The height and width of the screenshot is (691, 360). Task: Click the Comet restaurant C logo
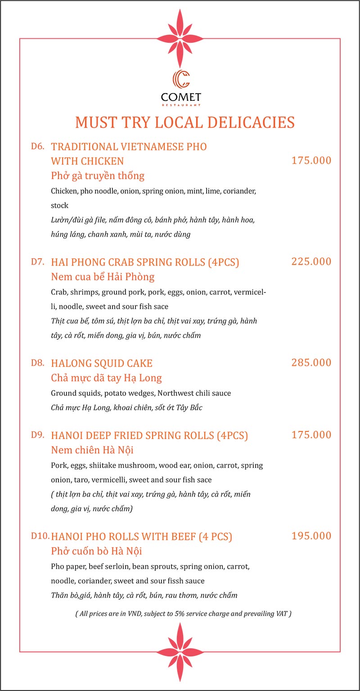181,80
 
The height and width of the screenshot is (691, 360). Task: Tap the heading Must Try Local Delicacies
184,122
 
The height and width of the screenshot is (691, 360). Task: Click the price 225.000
311,262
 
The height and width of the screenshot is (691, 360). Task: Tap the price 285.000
311,363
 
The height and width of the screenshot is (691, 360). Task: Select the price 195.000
311,536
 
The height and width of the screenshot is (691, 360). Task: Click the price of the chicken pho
311,161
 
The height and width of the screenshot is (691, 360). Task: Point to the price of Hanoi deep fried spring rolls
311,435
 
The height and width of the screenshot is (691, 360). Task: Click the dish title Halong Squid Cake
102,363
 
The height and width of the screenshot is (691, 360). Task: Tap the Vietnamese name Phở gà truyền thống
98,175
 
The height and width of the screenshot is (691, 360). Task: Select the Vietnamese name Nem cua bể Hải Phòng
103,276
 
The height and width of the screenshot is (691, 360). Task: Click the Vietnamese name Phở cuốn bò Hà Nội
97,551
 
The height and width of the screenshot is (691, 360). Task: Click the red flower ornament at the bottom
180,652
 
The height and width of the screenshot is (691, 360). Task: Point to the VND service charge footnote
183,614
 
